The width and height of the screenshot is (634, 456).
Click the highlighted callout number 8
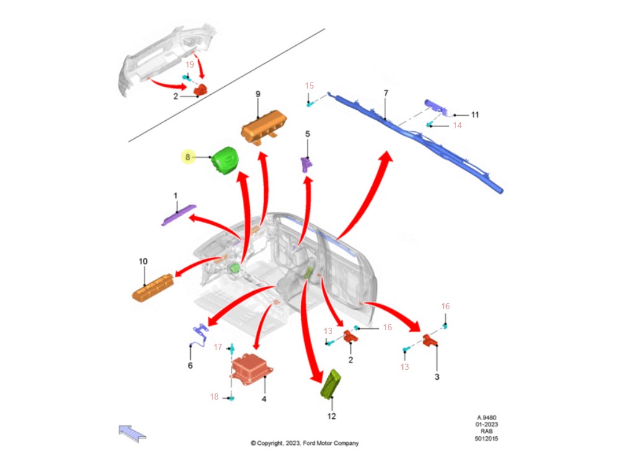click(x=188, y=157)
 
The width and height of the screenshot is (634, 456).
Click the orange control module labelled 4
click(x=250, y=370)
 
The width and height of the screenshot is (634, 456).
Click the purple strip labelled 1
click(x=178, y=214)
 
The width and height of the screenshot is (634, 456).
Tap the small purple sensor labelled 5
click(x=307, y=164)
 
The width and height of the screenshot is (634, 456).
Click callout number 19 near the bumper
click(x=190, y=64)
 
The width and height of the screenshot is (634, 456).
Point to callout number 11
click(x=475, y=115)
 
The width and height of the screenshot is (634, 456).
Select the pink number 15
click(x=310, y=85)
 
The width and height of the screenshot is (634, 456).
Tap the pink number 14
click(x=457, y=125)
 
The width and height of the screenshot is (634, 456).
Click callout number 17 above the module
click(x=218, y=347)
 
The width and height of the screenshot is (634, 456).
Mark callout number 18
click(x=214, y=397)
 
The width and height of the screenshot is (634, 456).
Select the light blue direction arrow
click(x=133, y=432)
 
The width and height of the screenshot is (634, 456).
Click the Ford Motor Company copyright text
click(x=304, y=443)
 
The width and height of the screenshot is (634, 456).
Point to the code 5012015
click(x=487, y=439)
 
